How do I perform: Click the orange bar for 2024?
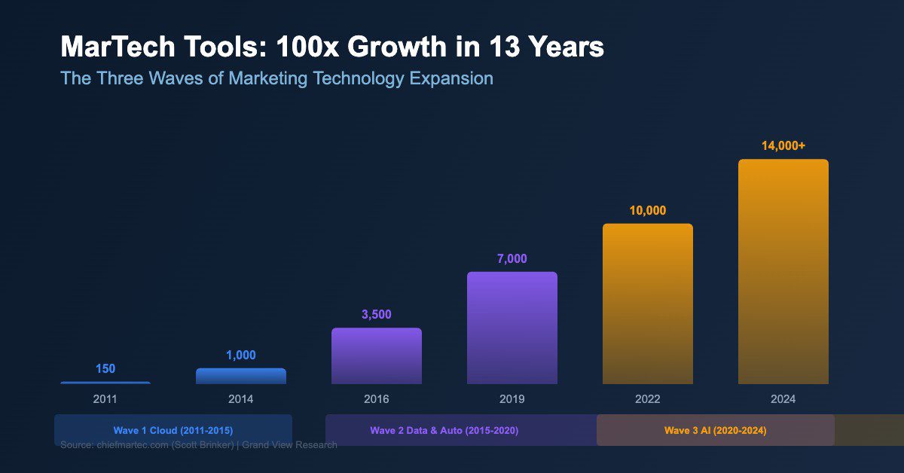click(783, 271)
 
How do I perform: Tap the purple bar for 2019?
click(512, 328)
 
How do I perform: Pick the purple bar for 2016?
click(376, 356)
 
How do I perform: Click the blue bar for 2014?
click(240, 376)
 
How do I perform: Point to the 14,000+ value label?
click(783, 146)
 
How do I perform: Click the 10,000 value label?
click(647, 211)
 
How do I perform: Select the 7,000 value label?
click(512, 259)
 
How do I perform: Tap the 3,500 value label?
click(376, 315)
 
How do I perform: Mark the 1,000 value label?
click(240, 356)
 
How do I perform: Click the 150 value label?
click(105, 369)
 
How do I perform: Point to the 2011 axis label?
click(105, 399)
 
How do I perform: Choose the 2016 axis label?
click(376, 399)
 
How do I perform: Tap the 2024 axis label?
click(783, 399)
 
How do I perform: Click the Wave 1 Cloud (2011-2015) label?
click(173, 430)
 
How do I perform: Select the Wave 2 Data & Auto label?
click(444, 430)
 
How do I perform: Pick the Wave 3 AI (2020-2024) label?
click(715, 430)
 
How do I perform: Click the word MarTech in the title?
click(112, 47)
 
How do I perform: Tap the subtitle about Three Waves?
click(276, 78)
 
